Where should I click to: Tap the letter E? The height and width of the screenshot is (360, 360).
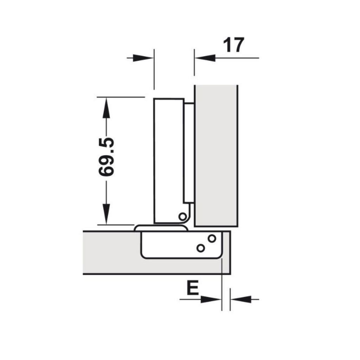click(192, 288)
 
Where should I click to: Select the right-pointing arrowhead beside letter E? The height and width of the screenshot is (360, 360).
click(211, 300)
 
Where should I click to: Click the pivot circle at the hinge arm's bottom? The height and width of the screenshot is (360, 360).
click(182, 216)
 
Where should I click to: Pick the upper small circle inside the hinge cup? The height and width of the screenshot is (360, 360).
click(212, 238)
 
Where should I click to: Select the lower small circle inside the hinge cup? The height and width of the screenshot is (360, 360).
click(201, 248)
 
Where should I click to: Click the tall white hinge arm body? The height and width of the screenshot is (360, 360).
click(169, 158)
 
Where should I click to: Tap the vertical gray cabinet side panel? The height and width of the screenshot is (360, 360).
click(216, 155)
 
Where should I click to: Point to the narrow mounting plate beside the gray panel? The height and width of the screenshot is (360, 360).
click(188, 151)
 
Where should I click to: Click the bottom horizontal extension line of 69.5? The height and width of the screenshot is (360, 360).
click(116, 224)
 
